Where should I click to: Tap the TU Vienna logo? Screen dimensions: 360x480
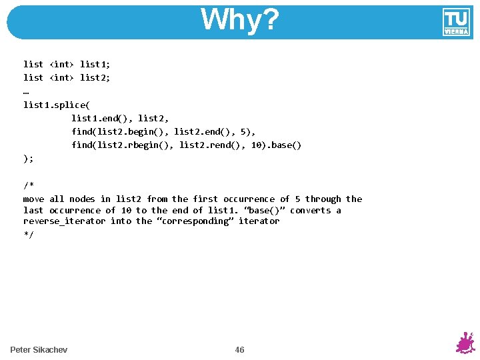point(456,22)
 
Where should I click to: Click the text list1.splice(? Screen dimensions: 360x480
point(56,105)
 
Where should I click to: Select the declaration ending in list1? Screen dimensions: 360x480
point(67,64)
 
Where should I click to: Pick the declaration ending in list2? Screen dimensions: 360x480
point(67,77)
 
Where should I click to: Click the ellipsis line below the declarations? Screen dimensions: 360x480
point(26,91)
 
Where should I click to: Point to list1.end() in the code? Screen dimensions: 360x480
point(100,118)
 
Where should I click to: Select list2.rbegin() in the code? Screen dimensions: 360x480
point(134,145)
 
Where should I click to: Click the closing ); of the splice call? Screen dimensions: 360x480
point(28,159)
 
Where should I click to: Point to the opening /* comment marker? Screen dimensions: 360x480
point(28,185)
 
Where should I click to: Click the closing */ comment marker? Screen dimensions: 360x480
point(28,234)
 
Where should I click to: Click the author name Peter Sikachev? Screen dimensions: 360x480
point(39,350)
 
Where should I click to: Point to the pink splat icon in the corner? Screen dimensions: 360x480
point(465,343)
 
